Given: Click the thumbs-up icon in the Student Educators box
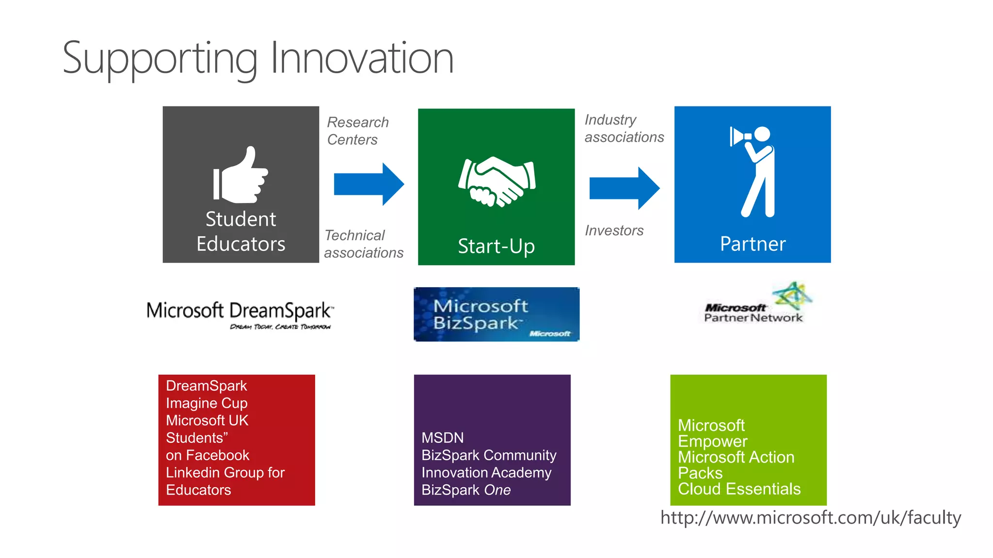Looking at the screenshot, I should pos(240,175).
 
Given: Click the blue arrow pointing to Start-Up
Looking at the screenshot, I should pos(369,184).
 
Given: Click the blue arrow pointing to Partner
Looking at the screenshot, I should pos(625,188).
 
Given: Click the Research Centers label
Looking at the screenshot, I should pos(358,131).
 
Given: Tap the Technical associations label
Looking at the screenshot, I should pos(364,244).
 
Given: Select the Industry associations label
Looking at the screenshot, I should pos(624,128).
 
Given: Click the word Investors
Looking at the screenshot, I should pos(614,231).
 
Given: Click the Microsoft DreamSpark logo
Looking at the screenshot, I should pos(240,314).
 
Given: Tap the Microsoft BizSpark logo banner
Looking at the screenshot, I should pos(496,314).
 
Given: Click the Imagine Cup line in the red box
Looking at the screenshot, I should pos(207,403).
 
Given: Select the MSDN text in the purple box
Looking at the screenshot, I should pos(442,438).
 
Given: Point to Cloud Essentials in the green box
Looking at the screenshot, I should pos(739,489).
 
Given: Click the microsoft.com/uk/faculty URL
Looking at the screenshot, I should pos(810,518).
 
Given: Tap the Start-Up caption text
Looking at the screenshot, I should pos(496,246).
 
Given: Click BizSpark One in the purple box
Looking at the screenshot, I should pos(466,490).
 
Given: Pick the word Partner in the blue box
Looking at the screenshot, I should pos(753,244).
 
